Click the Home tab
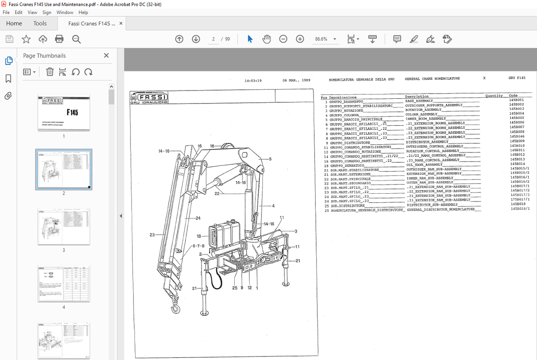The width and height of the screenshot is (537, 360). [x=14, y=23]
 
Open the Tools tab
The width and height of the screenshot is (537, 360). [x=40, y=23]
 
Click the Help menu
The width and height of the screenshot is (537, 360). [x=83, y=13]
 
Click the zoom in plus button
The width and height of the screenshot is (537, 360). [x=300, y=39]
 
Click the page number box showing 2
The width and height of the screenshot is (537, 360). [x=213, y=39]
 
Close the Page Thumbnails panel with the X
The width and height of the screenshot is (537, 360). [x=106, y=55]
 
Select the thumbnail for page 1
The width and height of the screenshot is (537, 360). [x=64, y=113]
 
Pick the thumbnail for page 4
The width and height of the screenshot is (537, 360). [x=64, y=283]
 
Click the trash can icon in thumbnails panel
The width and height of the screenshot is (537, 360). [x=50, y=72]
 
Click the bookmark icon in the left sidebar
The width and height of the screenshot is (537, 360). [x=8, y=79]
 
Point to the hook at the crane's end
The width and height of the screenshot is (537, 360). [x=175, y=308]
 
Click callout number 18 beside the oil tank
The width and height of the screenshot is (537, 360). [x=199, y=237]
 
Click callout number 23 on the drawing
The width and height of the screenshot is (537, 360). [x=152, y=235]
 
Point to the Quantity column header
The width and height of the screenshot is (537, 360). [x=494, y=96]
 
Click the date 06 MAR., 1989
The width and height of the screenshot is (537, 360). [x=296, y=80]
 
